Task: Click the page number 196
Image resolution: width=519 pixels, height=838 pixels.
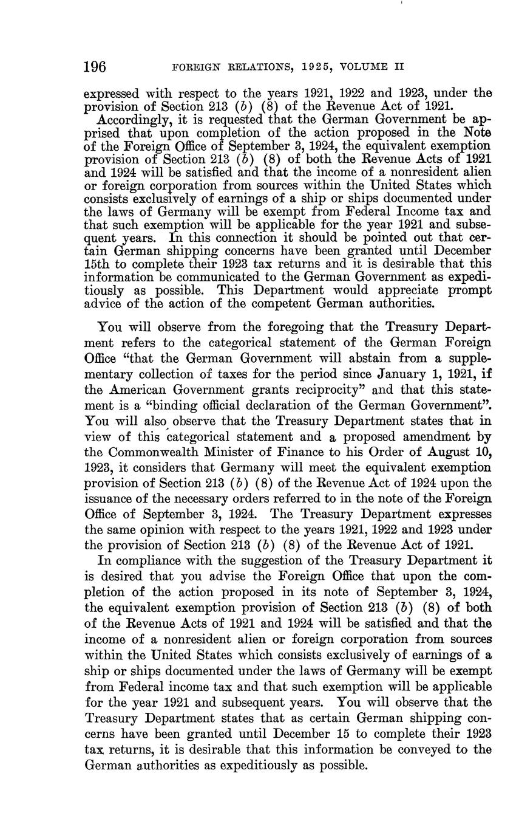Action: pyautogui.click(x=95, y=66)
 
